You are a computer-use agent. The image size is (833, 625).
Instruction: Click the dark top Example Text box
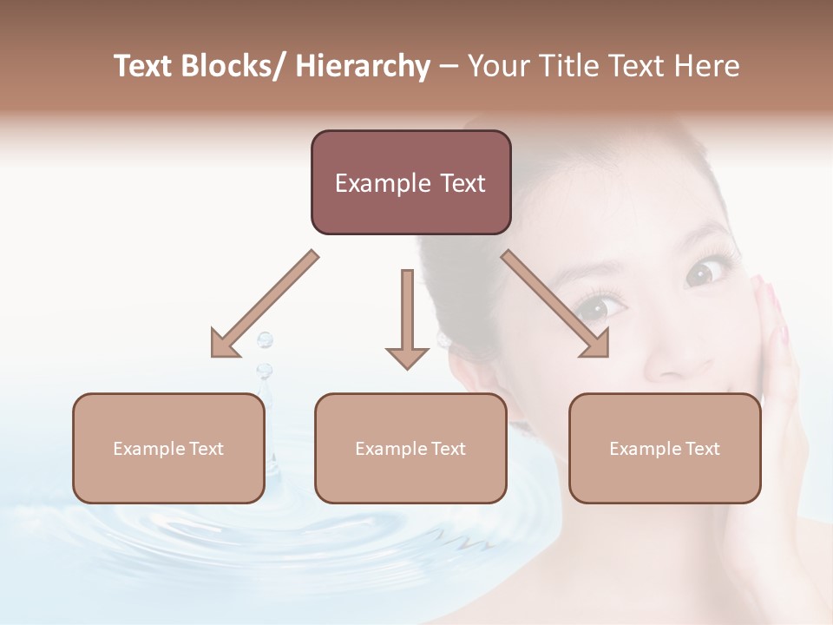tap(410, 182)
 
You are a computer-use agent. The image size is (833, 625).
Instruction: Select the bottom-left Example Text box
tap(168, 448)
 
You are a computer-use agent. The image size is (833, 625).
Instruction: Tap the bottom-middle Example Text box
tap(410, 448)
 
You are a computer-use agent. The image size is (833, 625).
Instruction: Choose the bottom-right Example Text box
tap(665, 448)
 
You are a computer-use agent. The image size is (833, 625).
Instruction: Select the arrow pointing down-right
tap(557, 306)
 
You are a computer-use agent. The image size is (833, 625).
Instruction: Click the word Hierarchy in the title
tap(363, 66)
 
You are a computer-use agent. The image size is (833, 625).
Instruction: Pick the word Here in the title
tap(710, 66)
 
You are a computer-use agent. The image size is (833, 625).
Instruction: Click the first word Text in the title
tap(143, 66)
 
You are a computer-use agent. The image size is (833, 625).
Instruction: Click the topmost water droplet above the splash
tap(265, 339)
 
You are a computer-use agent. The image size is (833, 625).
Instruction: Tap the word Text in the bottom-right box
tap(703, 449)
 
